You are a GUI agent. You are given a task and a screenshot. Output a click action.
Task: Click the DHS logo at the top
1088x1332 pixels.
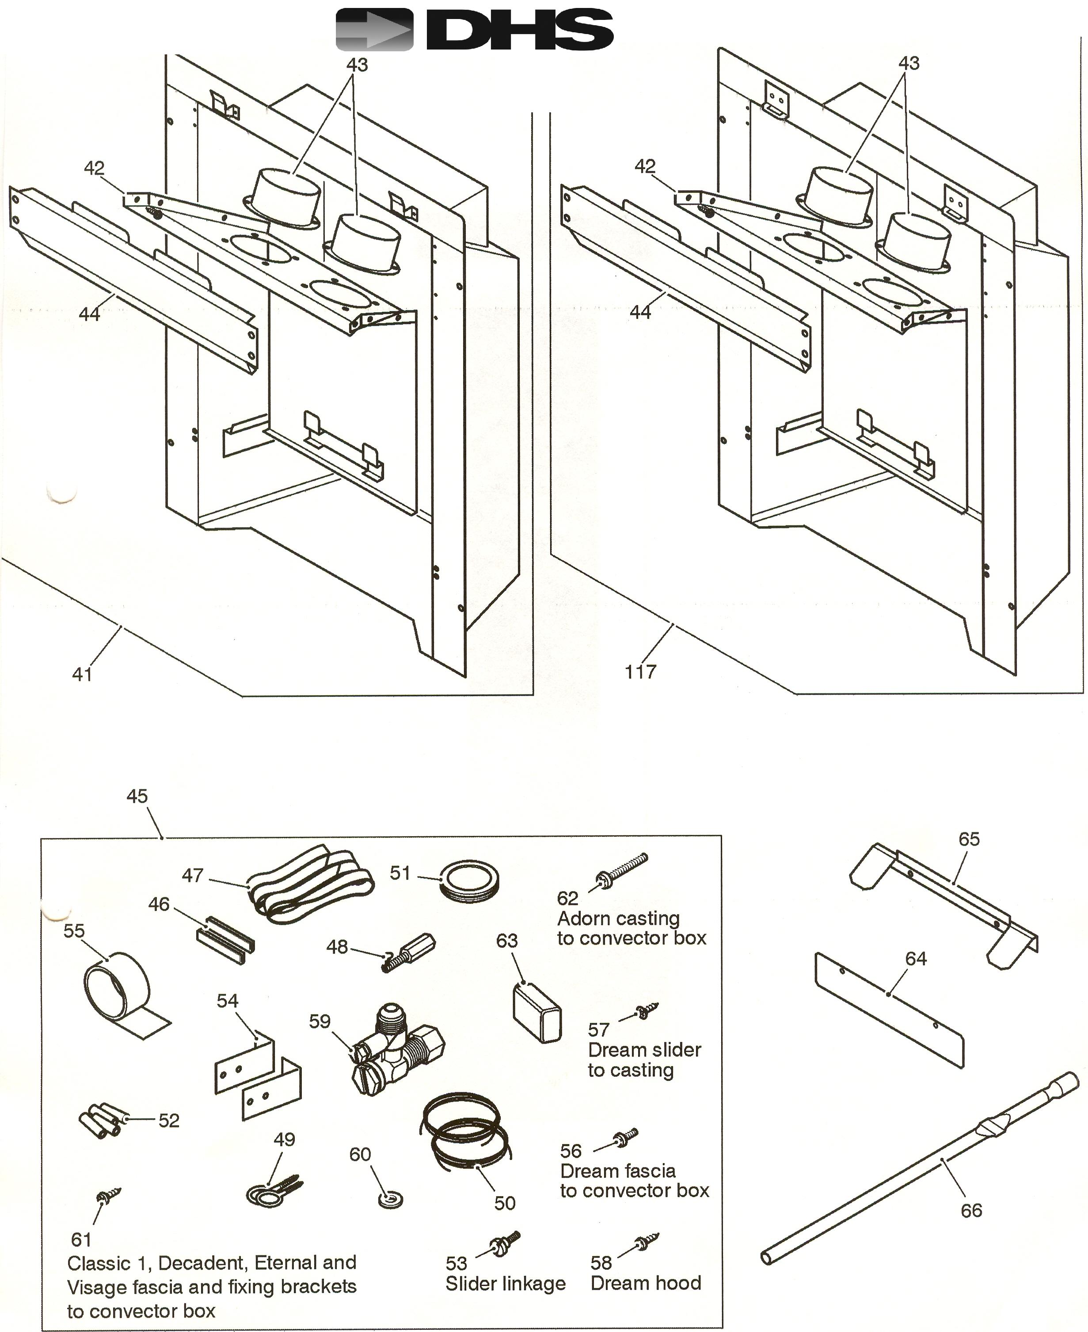(x=475, y=30)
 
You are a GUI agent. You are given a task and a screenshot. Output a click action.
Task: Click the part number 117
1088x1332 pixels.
(x=640, y=672)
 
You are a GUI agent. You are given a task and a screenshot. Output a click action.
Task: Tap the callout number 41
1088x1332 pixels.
(x=82, y=675)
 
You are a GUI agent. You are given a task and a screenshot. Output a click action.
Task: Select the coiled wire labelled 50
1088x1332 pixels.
(x=464, y=1135)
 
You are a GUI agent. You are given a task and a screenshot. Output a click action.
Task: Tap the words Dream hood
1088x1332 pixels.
(x=646, y=1282)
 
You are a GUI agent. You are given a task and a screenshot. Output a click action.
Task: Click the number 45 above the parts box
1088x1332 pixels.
(x=137, y=796)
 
